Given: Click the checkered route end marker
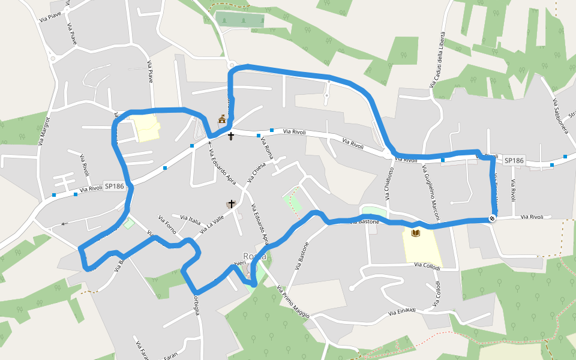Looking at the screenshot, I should (x=493, y=219).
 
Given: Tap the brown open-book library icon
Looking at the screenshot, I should (x=415, y=232).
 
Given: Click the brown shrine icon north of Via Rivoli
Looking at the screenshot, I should (x=222, y=119).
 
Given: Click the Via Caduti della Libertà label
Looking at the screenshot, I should (x=437, y=59).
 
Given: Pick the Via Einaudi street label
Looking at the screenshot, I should (x=402, y=311).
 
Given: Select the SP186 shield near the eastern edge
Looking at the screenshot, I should (x=514, y=160).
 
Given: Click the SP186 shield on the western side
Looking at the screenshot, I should (x=114, y=186).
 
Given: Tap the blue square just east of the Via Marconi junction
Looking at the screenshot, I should (x=443, y=160).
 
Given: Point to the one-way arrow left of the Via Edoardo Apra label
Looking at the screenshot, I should (x=209, y=142).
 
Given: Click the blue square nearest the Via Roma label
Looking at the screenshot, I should (x=272, y=130).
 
